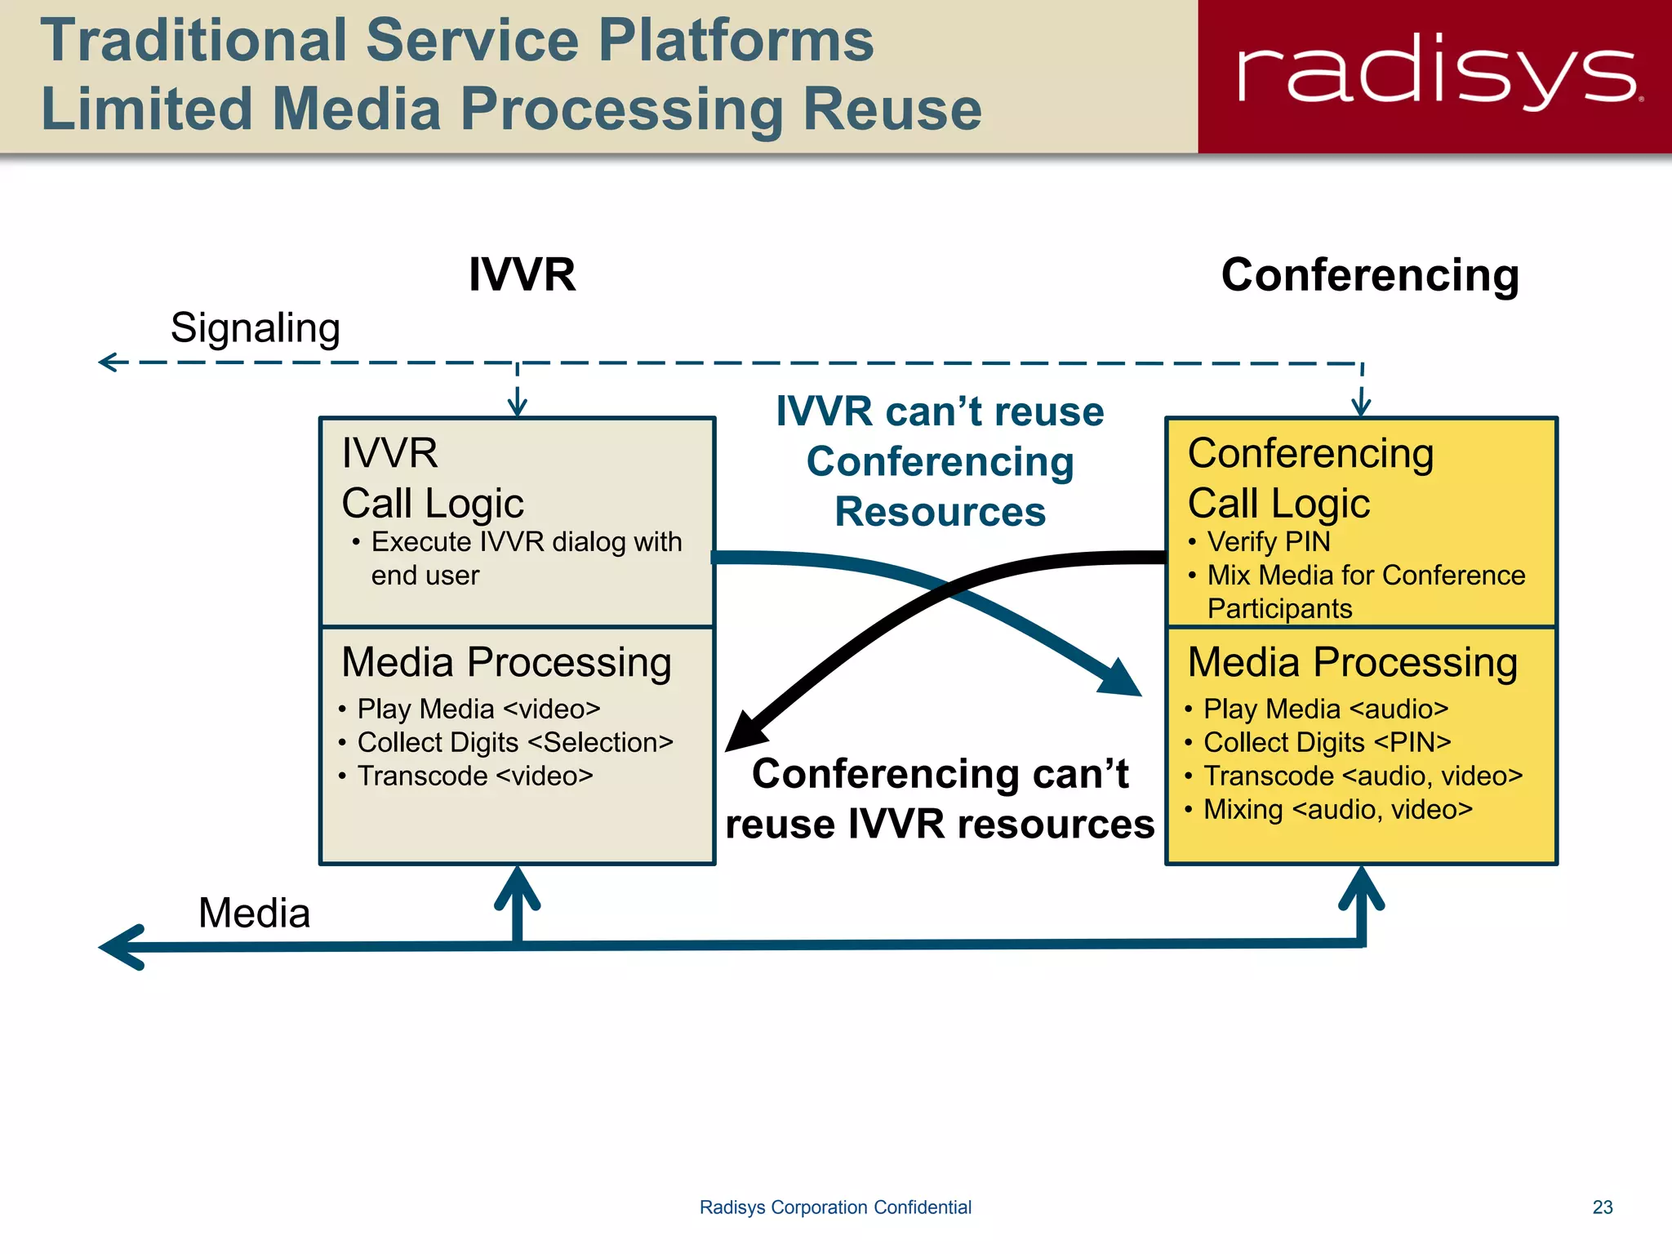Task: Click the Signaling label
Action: tap(255, 328)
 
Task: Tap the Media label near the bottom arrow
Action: tap(254, 913)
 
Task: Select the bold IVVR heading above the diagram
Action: tap(522, 274)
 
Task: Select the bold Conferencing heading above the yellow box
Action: tap(1370, 275)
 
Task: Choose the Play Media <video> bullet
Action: tap(478, 709)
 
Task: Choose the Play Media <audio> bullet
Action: tap(1325, 709)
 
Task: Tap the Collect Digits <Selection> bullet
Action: tap(514, 742)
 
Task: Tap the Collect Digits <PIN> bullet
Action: tap(1327, 742)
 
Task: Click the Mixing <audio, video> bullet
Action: tap(1337, 809)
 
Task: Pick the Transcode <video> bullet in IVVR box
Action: tap(474, 776)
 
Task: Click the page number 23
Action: tap(1602, 1207)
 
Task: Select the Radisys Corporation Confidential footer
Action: tap(835, 1207)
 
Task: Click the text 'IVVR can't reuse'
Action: tap(940, 411)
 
